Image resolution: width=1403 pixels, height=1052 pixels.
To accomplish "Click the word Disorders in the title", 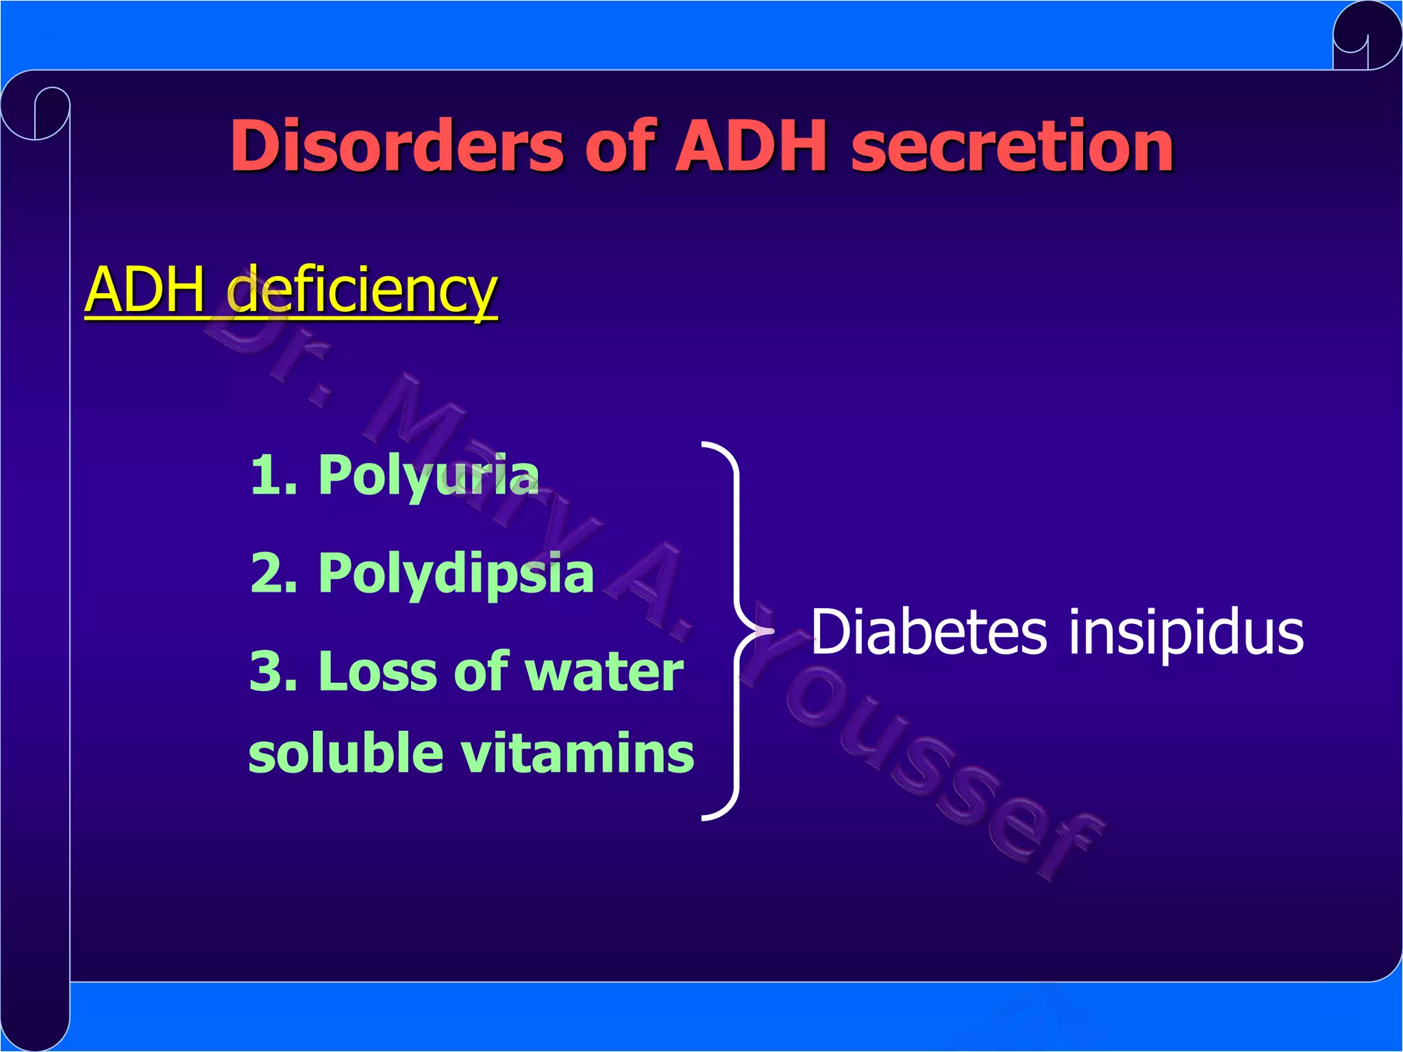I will (396, 146).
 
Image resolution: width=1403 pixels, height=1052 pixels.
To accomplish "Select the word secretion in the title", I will (1013, 146).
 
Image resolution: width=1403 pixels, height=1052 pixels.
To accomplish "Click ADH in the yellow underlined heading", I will (145, 290).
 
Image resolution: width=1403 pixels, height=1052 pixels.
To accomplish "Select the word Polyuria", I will (428, 476).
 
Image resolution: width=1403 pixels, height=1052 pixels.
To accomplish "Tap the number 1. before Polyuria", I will (273, 475).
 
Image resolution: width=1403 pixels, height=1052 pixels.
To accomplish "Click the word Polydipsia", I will (456, 574).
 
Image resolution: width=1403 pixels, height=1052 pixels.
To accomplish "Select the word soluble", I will (346, 753).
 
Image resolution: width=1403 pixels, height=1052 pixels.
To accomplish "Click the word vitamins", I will (577, 753).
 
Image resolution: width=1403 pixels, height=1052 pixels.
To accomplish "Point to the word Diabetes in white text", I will (928, 632).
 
